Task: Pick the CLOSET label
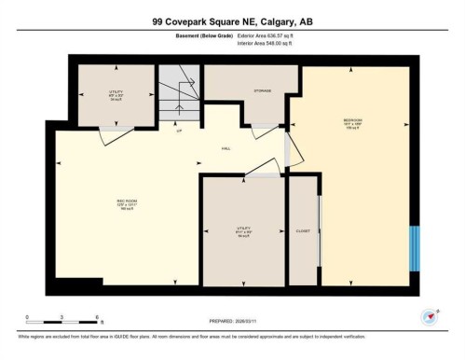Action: (x=303, y=230)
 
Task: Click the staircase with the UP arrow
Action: (x=180, y=96)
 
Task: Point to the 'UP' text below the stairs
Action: (x=179, y=132)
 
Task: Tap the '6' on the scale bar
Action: (x=98, y=319)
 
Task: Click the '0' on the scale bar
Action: (x=27, y=319)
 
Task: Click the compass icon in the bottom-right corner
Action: (x=430, y=316)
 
